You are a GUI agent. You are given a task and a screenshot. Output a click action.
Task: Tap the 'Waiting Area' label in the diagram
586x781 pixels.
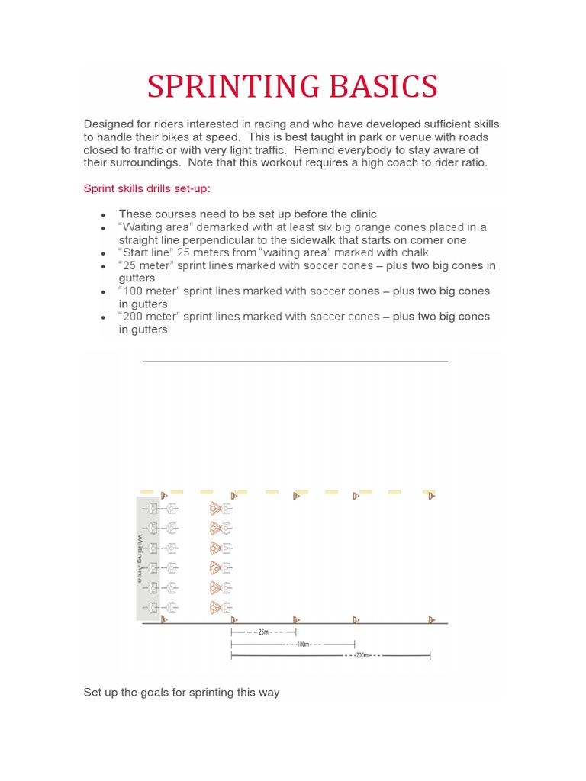tap(140, 558)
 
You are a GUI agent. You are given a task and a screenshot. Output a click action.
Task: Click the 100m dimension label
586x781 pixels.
tap(304, 644)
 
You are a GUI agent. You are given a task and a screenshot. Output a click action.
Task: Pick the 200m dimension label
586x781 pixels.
tap(362, 655)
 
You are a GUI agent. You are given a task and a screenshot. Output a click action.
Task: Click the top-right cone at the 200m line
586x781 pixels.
tap(431, 496)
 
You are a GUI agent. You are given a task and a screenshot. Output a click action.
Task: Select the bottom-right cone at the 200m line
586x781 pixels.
tap(431, 619)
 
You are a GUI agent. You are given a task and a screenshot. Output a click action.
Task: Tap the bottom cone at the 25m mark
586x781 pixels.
tap(295, 619)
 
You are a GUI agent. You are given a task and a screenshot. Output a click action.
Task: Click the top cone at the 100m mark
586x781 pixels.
tap(356, 496)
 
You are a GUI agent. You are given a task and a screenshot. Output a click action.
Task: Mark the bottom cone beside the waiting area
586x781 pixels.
tap(163, 619)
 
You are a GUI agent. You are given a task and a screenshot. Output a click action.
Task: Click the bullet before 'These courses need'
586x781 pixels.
tap(102, 215)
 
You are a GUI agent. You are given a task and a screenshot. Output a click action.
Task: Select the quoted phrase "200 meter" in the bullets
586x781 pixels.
tap(151, 316)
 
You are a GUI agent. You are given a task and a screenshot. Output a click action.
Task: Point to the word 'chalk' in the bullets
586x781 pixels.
tap(414, 252)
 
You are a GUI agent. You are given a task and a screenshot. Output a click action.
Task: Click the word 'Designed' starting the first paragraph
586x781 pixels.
tap(108, 124)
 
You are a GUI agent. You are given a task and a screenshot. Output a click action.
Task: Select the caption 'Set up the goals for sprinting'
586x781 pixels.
tap(182, 693)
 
